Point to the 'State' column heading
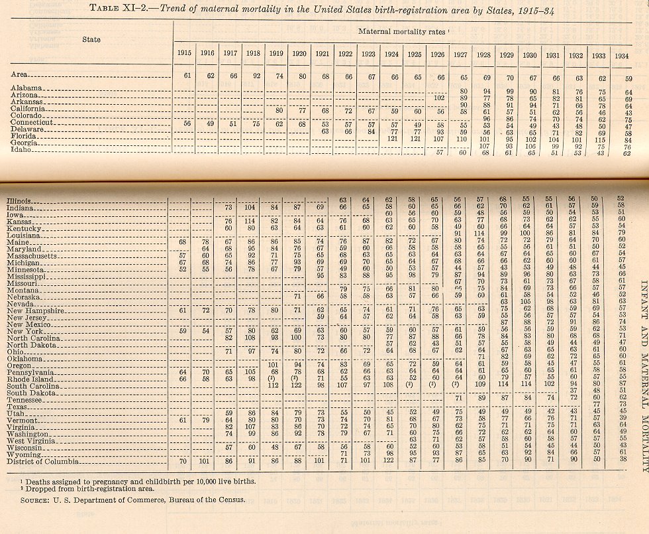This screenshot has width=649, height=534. pyautogui.click(x=91, y=40)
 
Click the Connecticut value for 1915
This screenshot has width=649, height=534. pyautogui.click(x=186, y=123)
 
